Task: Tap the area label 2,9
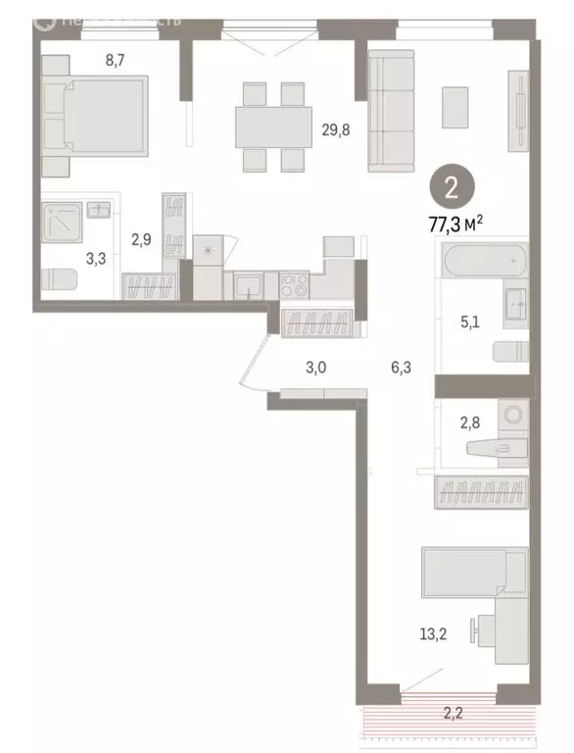(142, 239)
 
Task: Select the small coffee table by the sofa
(455, 107)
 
